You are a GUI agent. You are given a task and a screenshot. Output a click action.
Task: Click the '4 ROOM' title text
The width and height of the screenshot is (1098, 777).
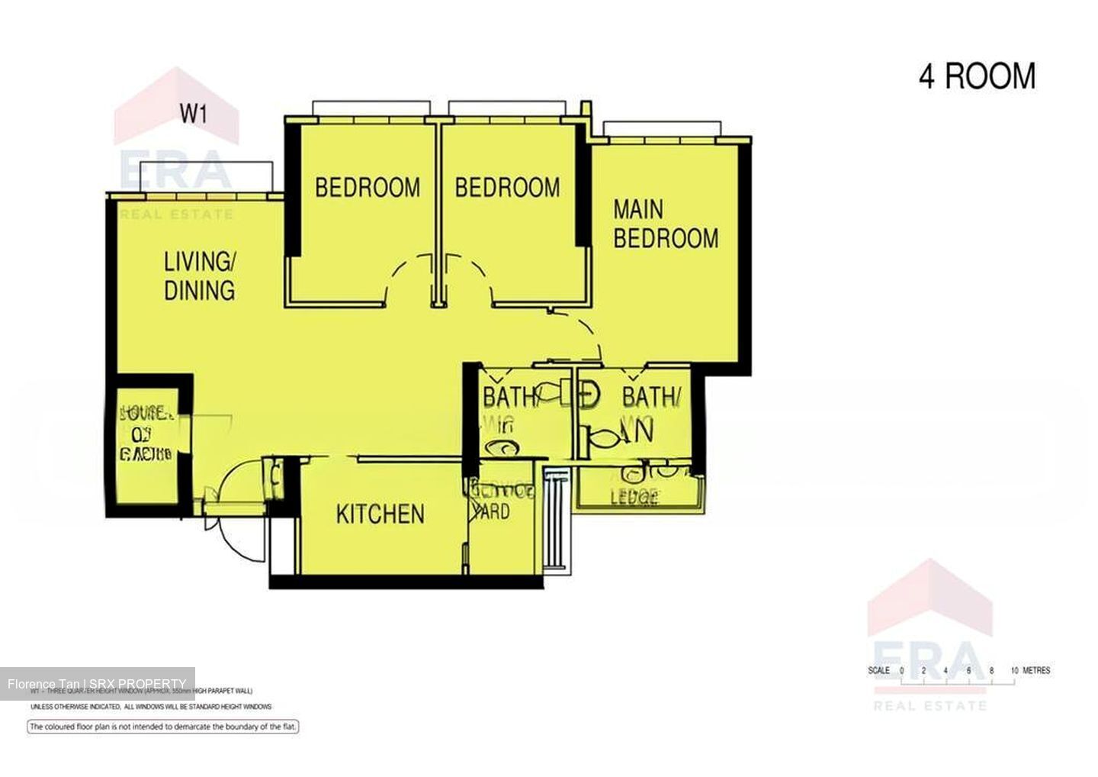click(x=977, y=77)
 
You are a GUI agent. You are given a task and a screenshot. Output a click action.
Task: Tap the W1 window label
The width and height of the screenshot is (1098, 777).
click(x=193, y=114)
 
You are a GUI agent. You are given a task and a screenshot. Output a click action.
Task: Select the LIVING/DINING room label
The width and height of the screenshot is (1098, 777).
click(x=199, y=276)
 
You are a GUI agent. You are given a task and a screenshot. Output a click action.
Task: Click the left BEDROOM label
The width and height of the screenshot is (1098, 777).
click(x=367, y=187)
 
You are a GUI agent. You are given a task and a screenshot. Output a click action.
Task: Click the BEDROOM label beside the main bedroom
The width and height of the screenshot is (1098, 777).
click(x=507, y=187)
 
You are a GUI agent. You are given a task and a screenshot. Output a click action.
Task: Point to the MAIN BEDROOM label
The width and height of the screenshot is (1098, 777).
click(x=665, y=224)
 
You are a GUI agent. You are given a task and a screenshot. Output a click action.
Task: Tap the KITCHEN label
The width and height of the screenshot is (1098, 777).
click(x=380, y=514)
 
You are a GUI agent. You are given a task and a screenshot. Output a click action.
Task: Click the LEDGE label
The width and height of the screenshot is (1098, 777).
click(x=634, y=498)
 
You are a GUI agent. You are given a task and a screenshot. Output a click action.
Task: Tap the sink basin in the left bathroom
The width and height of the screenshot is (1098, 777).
click(x=503, y=449)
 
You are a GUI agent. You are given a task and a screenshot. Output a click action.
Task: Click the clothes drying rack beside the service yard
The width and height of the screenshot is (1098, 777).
click(x=555, y=519)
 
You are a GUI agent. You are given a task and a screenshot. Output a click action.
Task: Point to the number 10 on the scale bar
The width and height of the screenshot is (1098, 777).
click(x=1014, y=671)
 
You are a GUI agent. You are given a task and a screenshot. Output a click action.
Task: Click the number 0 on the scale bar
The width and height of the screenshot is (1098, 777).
click(x=901, y=671)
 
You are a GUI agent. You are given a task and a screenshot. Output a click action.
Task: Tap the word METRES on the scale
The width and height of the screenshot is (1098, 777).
click(x=1036, y=671)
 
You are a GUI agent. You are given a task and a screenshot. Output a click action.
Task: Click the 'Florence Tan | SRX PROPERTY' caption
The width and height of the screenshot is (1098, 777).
click(x=97, y=684)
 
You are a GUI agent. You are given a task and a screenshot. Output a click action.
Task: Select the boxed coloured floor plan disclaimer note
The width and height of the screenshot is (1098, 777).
click(x=162, y=727)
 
